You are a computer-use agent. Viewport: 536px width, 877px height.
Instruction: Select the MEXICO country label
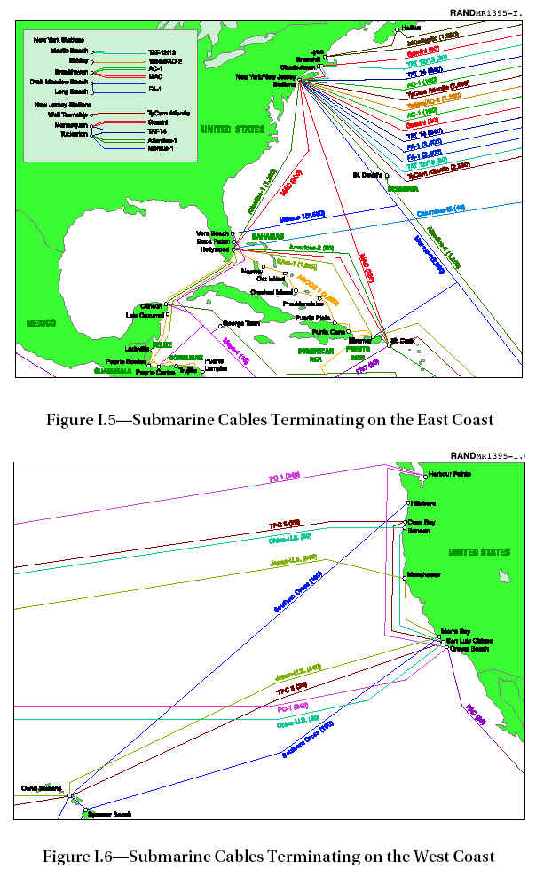[39, 322]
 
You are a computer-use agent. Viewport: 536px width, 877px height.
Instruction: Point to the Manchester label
[430, 573]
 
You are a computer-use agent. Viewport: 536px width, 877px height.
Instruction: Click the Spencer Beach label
[110, 814]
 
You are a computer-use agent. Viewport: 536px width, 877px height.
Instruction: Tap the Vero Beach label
[213, 233]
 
